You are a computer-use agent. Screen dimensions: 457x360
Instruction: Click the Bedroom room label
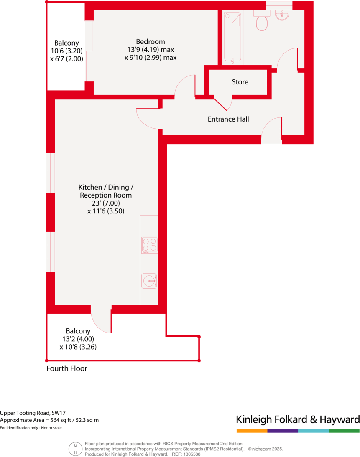pyautogui.click(x=151, y=42)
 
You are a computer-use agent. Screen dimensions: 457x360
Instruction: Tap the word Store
pyautogui.click(x=240, y=82)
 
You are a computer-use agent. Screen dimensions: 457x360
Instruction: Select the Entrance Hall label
pyautogui.click(x=228, y=119)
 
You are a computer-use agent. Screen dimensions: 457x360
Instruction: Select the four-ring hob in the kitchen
pyautogui.click(x=149, y=245)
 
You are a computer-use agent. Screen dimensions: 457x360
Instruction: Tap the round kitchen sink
pyautogui.click(x=149, y=280)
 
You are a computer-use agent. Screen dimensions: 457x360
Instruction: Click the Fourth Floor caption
pyautogui.click(x=67, y=368)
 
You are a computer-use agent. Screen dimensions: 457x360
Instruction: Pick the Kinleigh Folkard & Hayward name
pyautogui.click(x=298, y=419)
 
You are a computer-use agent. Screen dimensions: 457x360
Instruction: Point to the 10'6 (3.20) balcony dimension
pyautogui.click(x=66, y=51)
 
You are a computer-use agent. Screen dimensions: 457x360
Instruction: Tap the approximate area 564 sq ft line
pyautogui.click(x=49, y=420)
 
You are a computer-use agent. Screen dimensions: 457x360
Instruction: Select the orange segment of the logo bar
pyautogui.click(x=252, y=430)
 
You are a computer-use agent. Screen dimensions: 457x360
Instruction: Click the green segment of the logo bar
pyautogui.click(x=344, y=430)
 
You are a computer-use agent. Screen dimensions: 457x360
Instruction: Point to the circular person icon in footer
pyautogui.click(x=76, y=449)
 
